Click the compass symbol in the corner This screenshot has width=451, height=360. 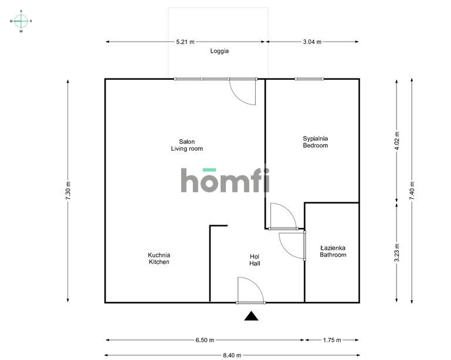[x=21, y=21]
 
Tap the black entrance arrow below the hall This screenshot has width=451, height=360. [x=252, y=317]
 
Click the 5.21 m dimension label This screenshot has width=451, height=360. [x=185, y=42]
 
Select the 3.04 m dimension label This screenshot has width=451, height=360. [x=312, y=42]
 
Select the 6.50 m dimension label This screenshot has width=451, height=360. [x=204, y=340]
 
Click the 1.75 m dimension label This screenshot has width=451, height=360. [x=331, y=340]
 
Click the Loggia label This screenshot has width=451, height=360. [x=219, y=51]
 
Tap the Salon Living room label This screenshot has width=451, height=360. [x=186, y=145]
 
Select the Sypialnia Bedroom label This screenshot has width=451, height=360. [x=315, y=142]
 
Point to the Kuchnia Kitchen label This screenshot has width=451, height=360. [x=158, y=259]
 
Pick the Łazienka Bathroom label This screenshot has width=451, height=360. [x=333, y=252]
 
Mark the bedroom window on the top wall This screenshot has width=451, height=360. [x=309, y=79]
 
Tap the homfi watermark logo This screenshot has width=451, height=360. [x=225, y=180]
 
